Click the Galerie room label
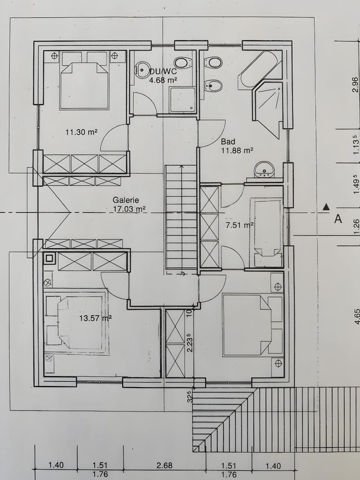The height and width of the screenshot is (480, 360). pyautogui.click(x=126, y=200)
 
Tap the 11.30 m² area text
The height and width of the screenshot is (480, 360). pyautogui.click(x=81, y=132)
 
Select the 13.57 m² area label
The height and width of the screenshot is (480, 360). pyautogui.click(x=96, y=318)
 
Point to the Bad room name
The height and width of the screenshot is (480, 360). pyautogui.click(x=228, y=141)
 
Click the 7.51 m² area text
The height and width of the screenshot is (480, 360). pyautogui.click(x=240, y=225)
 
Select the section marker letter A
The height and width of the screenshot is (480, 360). pyautogui.click(x=338, y=219)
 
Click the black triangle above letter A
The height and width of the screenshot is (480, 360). pyautogui.click(x=326, y=207)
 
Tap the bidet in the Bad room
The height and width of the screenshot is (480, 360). pyautogui.click(x=213, y=86)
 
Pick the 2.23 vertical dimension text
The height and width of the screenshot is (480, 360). pyautogui.click(x=190, y=343)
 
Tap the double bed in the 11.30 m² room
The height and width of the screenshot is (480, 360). pyautogui.click(x=84, y=86)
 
